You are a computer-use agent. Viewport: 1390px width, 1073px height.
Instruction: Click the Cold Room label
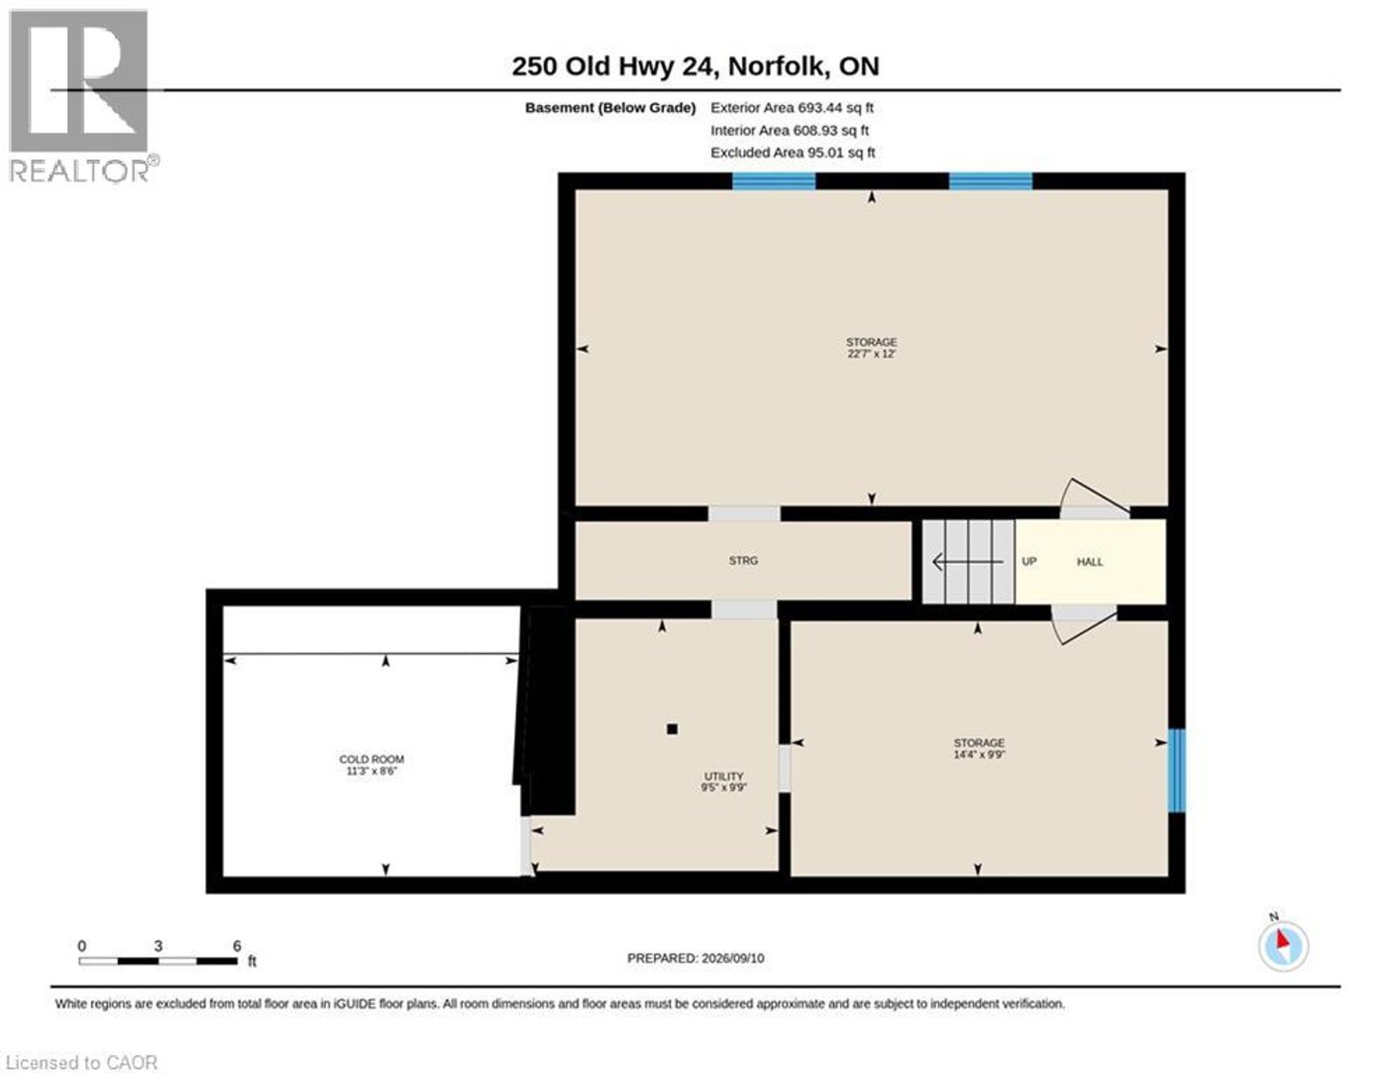[x=371, y=759]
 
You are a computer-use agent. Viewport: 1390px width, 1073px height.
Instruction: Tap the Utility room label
[x=724, y=776]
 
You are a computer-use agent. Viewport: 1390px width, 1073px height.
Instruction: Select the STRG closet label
[x=744, y=561]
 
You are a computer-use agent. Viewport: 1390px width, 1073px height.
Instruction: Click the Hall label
[x=1090, y=562]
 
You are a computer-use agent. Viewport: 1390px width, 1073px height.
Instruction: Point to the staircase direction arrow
[x=967, y=561]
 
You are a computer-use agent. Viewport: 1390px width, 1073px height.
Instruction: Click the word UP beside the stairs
[x=1029, y=562]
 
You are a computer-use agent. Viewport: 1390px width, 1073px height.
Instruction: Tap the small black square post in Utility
[x=672, y=729]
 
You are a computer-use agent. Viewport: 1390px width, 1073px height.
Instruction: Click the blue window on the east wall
[x=1177, y=770]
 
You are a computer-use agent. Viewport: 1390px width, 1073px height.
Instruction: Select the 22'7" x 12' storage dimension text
[x=872, y=354]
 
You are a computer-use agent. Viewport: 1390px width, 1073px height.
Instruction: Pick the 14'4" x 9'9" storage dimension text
[x=979, y=754]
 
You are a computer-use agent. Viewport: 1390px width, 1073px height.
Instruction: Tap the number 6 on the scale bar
[x=237, y=946]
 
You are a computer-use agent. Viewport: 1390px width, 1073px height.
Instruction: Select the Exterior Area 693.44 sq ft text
[x=792, y=108]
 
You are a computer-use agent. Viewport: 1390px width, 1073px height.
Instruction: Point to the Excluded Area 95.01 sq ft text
[x=793, y=153]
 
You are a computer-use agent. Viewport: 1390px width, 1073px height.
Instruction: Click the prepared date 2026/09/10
[x=733, y=958]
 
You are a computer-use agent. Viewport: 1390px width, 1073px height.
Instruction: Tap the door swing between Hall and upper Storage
[x=1095, y=498]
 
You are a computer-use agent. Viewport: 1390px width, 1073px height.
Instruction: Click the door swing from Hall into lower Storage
[x=1084, y=624]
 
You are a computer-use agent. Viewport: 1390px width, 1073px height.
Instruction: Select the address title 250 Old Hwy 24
[x=615, y=66]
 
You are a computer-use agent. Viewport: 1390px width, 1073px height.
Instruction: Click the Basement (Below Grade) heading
[x=610, y=108]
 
